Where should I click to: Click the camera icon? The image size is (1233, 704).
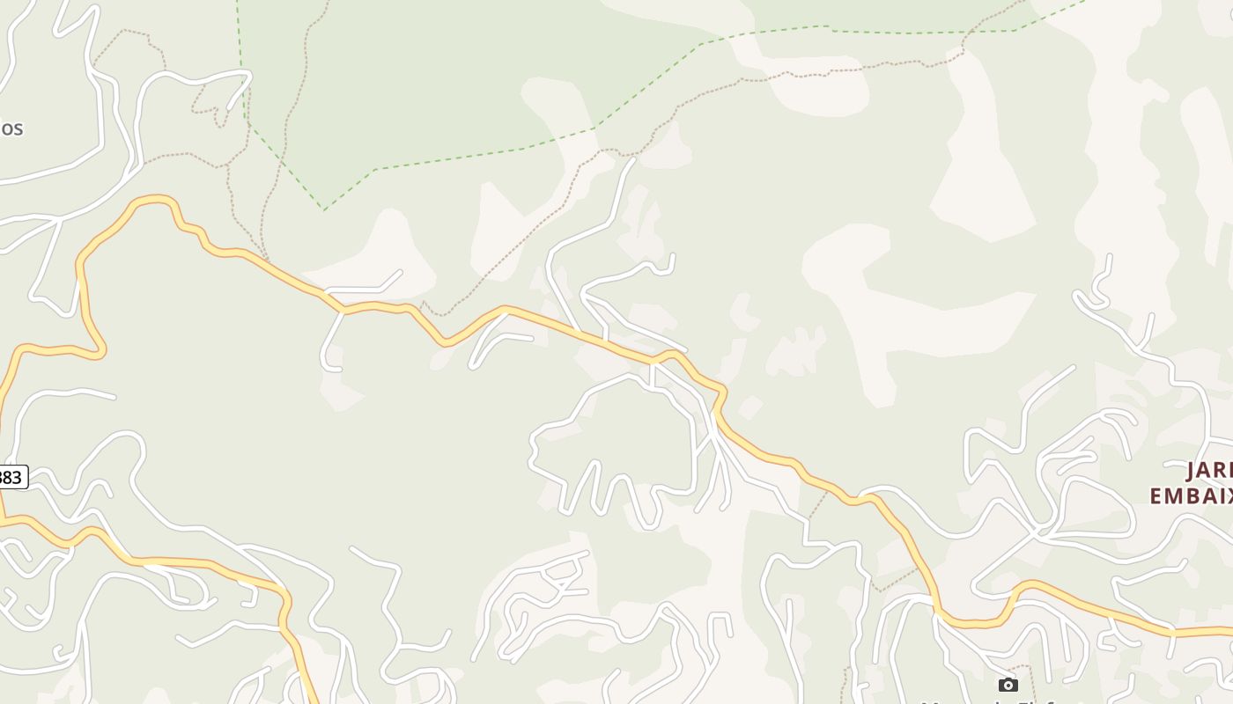pos(1008,685)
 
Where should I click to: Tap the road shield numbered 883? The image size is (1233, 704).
pos(11,477)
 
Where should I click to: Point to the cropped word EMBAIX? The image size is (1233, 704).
pos(1191,496)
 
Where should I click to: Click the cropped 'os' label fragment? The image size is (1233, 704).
pos(11,128)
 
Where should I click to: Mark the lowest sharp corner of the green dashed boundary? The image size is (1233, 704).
pos(324,209)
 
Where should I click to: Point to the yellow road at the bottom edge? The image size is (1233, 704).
pos(311,695)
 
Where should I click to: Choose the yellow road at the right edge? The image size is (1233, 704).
pos(1220,630)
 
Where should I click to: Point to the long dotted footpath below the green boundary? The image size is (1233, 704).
pos(546,220)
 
